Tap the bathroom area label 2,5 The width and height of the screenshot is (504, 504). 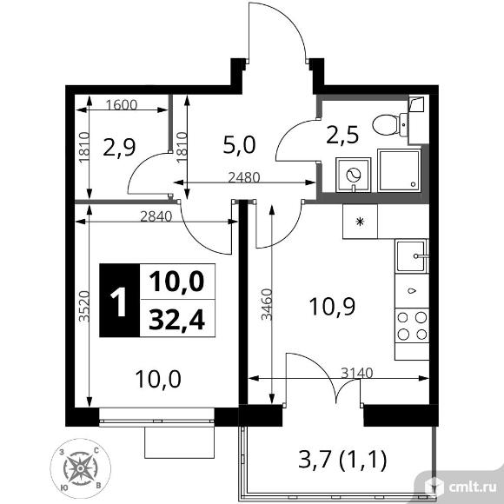(x=343, y=134)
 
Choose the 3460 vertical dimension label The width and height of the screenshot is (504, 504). (x=266, y=304)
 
